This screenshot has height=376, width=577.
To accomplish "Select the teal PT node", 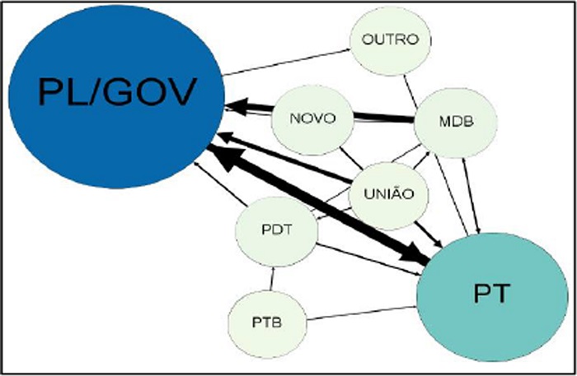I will pyautogui.click(x=486, y=292).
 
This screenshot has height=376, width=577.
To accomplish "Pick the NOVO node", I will pyautogui.click(x=312, y=118).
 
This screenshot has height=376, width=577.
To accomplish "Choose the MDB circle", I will pyautogui.click(x=455, y=123).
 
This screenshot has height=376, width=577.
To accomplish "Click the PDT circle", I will pyautogui.click(x=276, y=228).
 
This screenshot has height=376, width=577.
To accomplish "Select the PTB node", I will pyautogui.click(x=267, y=320).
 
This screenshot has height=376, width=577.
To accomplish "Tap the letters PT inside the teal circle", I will pyautogui.click(x=486, y=292).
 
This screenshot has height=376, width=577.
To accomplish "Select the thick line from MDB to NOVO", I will pyautogui.click(x=383, y=118).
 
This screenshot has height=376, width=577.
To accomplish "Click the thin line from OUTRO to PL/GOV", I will pyautogui.click(x=288, y=62).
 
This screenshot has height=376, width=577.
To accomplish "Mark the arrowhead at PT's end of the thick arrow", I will pyautogui.click(x=417, y=256).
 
